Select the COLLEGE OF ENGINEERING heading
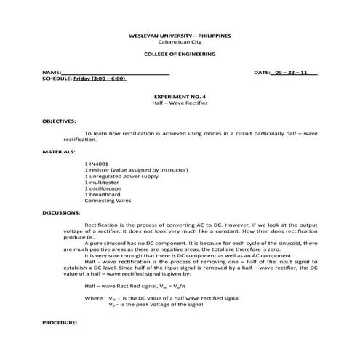click(x=180, y=55)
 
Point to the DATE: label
click(x=262, y=73)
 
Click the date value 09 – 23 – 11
click(x=291, y=73)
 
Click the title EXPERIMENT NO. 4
click(x=180, y=97)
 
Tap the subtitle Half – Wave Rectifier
click(x=180, y=103)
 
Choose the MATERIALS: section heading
click(x=59, y=152)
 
